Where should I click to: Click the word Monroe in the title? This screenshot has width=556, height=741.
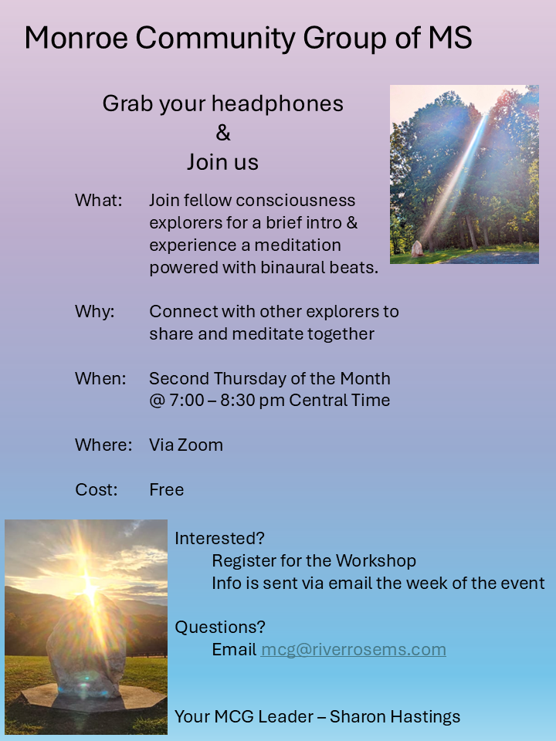76,38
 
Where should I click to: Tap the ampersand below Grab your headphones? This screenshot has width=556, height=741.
223,133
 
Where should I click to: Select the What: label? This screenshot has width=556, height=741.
98,201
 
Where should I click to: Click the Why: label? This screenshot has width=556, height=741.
94,312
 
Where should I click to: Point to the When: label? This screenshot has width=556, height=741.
100,378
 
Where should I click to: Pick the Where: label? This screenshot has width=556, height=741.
103,445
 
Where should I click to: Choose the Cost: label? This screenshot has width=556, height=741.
96,489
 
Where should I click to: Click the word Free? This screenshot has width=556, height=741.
167,489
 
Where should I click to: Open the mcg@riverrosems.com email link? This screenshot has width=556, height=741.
353,650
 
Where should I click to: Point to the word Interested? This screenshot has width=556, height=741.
219,538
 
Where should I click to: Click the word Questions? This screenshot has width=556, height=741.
220,627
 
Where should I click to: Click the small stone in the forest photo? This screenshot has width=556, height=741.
417,249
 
